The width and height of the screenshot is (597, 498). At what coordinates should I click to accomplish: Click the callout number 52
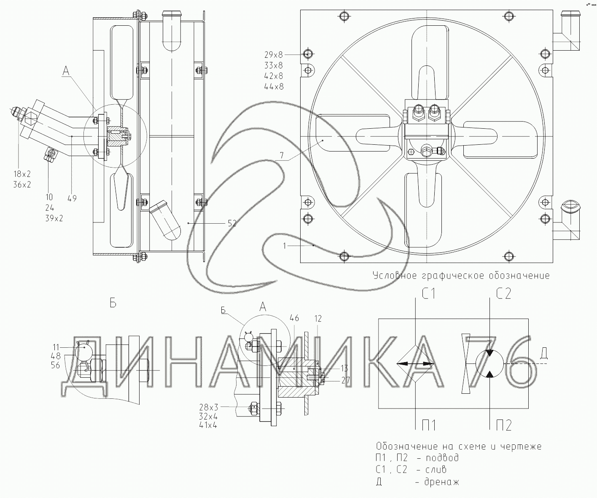[232, 223]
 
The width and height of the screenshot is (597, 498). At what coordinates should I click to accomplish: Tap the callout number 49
[72, 198]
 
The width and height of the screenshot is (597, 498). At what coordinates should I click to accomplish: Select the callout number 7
[282, 155]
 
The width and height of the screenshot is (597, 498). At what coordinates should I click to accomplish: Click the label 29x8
[274, 54]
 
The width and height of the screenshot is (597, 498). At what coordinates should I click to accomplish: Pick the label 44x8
[274, 87]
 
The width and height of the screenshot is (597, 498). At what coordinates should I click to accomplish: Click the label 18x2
[22, 174]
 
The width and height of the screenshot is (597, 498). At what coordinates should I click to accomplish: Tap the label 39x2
[54, 218]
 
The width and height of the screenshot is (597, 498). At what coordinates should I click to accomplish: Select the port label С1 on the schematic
[428, 294]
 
